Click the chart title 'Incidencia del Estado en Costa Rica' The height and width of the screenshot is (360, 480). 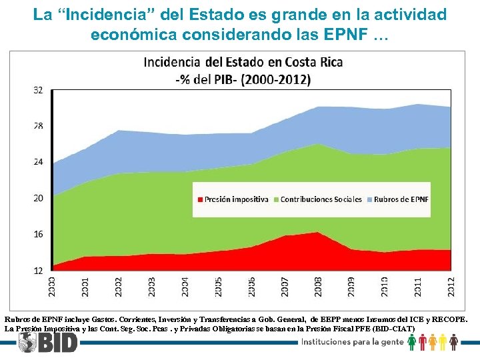(x=243, y=63)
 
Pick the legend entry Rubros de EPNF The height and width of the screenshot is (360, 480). (x=401, y=199)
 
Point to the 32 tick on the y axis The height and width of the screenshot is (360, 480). (x=38, y=89)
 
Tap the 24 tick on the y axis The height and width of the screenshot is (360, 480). (x=38, y=162)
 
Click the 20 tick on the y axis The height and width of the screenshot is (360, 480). (x=38, y=198)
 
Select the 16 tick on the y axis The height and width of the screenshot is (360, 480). (x=38, y=234)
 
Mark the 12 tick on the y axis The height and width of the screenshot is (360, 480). (x=38, y=270)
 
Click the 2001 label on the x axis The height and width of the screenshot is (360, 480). (x=85, y=287)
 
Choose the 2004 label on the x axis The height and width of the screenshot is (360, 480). (x=185, y=287)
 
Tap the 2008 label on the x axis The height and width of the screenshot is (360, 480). (x=319, y=287)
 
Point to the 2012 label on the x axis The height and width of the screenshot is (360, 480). (x=451, y=287)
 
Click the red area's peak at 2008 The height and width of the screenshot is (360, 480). (x=318, y=233)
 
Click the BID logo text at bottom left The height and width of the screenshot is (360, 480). (x=57, y=342)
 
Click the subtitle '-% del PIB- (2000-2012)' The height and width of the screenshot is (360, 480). (x=243, y=79)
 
